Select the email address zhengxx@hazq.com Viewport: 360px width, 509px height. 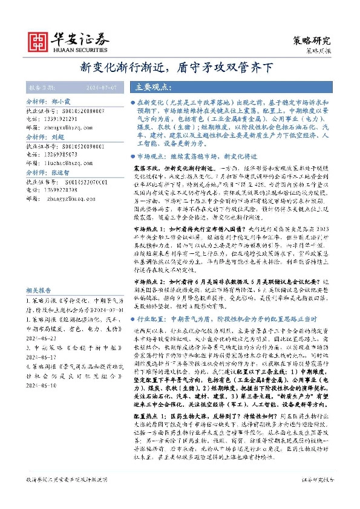[67, 127]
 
